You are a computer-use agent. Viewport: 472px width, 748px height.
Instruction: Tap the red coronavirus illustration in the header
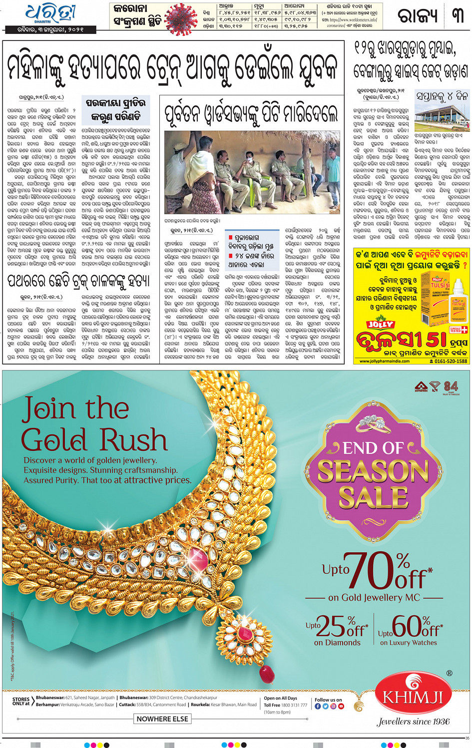180,19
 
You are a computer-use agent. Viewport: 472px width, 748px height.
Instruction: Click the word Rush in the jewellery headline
134,440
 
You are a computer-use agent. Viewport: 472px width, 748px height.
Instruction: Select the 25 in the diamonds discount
331,626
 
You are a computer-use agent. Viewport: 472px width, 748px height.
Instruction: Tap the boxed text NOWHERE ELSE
162,719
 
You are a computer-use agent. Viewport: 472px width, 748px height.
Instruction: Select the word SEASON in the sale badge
373,471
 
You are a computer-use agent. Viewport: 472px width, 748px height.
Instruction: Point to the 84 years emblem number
451,386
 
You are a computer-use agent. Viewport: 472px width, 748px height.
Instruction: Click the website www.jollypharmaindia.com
384,361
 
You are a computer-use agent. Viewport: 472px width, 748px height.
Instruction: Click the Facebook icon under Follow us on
318,706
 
